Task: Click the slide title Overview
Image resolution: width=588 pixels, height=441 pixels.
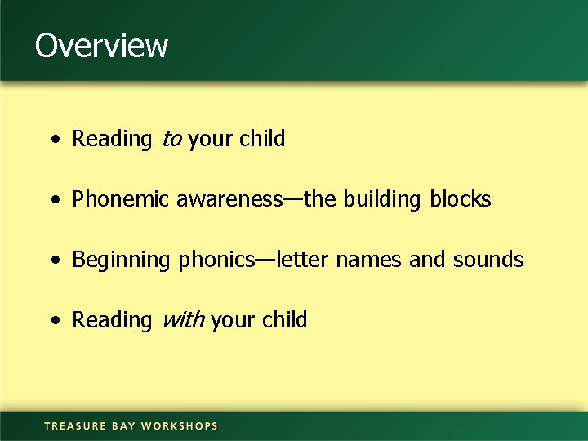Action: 101,45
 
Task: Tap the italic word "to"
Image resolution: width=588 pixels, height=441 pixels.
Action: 171,140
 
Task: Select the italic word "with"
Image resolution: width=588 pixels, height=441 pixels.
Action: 183,321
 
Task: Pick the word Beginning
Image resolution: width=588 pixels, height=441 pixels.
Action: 122,261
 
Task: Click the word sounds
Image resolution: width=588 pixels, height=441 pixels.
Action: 488,260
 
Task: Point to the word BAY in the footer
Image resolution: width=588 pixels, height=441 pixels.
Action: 123,425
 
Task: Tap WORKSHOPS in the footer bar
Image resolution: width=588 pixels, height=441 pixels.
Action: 180,425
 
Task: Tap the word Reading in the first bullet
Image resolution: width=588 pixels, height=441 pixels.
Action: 112,140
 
